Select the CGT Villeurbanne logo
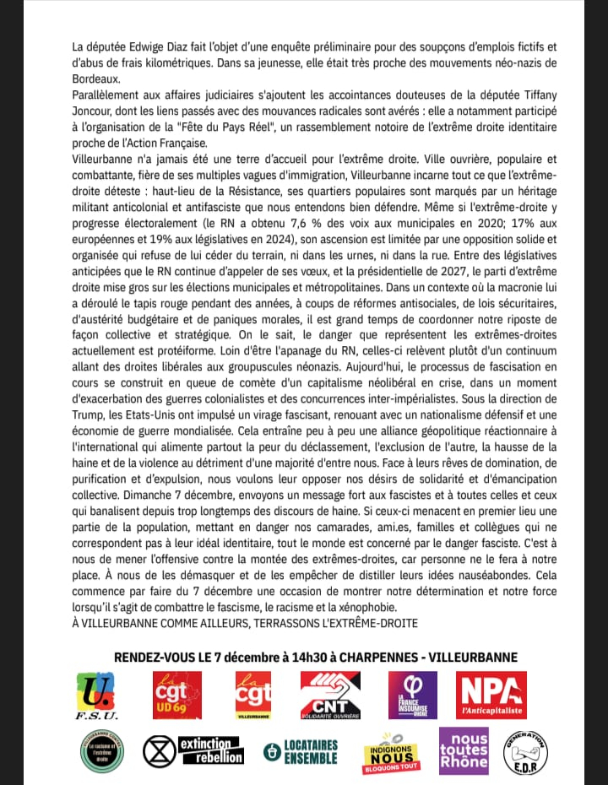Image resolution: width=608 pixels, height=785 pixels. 253,696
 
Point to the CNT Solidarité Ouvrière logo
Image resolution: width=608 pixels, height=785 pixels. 330,696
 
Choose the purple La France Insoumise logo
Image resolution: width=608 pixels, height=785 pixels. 412,696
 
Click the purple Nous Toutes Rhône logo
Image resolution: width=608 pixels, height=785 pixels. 463,750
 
